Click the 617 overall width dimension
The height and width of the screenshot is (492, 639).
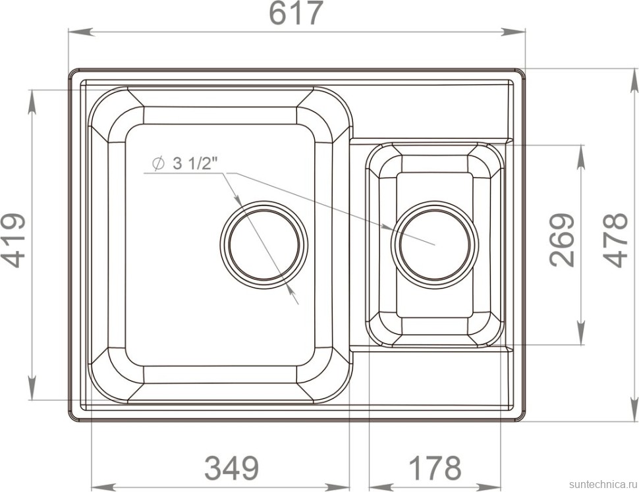(x=296, y=13)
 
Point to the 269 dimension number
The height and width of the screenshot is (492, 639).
(x=562, y=240)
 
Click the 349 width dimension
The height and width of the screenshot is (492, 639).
(x=231, y=468)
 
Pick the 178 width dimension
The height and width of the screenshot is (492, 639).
(x=435, y=468)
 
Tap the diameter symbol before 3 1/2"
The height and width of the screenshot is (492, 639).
(x=158, y=163)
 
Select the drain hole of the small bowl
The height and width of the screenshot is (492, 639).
(x=434, y=244)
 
